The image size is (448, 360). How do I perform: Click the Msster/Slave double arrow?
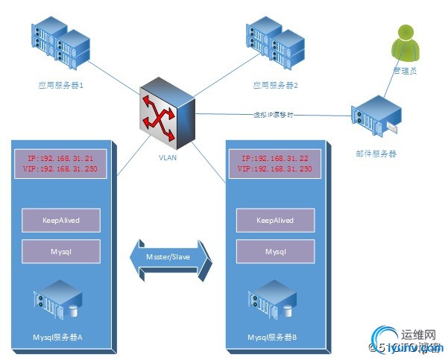170,258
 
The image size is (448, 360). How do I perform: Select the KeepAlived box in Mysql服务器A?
61,221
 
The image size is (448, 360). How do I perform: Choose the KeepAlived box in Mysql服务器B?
275,221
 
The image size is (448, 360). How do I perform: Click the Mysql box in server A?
61,251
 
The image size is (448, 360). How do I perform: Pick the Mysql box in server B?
275,251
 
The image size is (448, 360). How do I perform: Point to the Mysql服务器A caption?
58,337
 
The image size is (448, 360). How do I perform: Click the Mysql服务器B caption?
273,337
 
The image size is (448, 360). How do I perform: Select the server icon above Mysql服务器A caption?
57,301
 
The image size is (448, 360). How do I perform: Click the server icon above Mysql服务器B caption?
272,301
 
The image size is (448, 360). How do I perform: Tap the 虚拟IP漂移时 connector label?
274,116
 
